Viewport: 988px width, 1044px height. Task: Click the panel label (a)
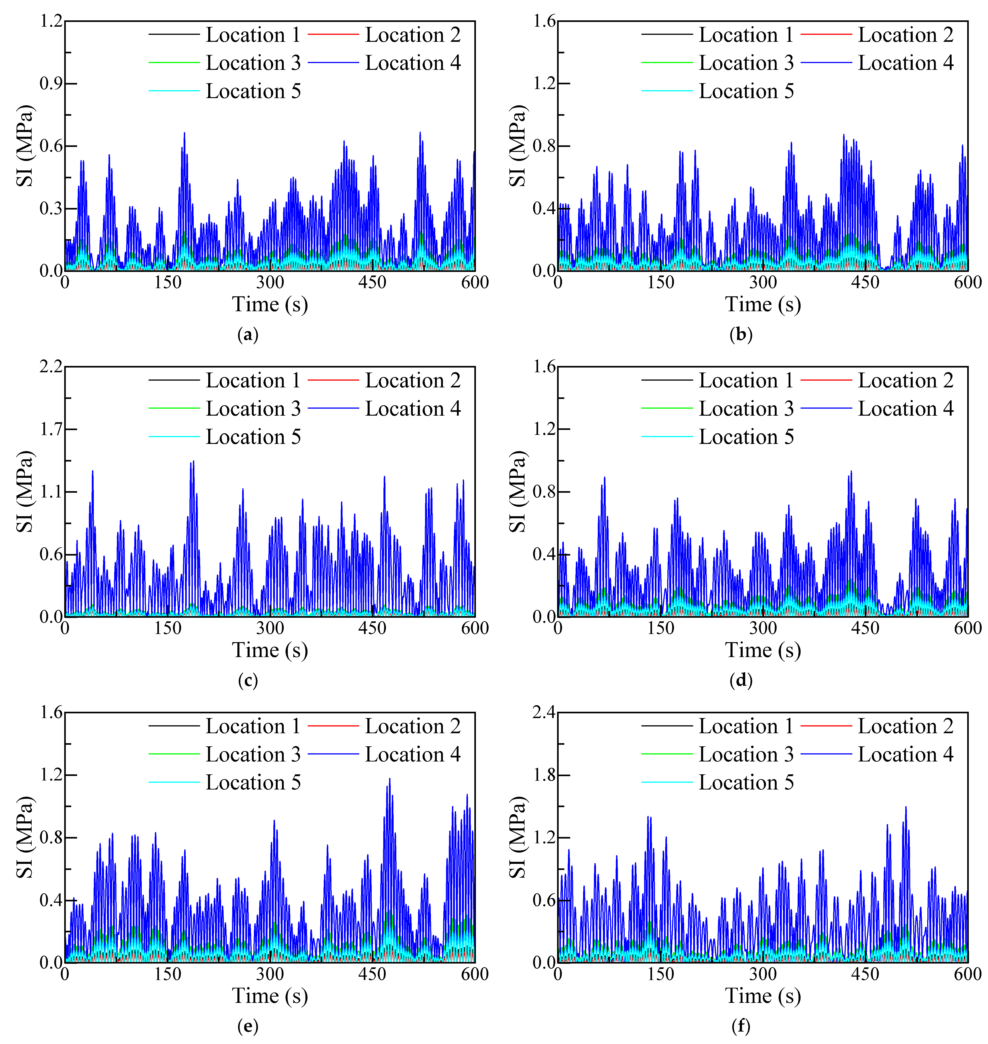(248, 335)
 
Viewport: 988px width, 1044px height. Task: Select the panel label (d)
(741, 681)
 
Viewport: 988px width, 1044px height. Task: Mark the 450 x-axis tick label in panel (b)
(865, 283)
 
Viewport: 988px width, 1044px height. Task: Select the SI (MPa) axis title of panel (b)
(518, 146)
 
